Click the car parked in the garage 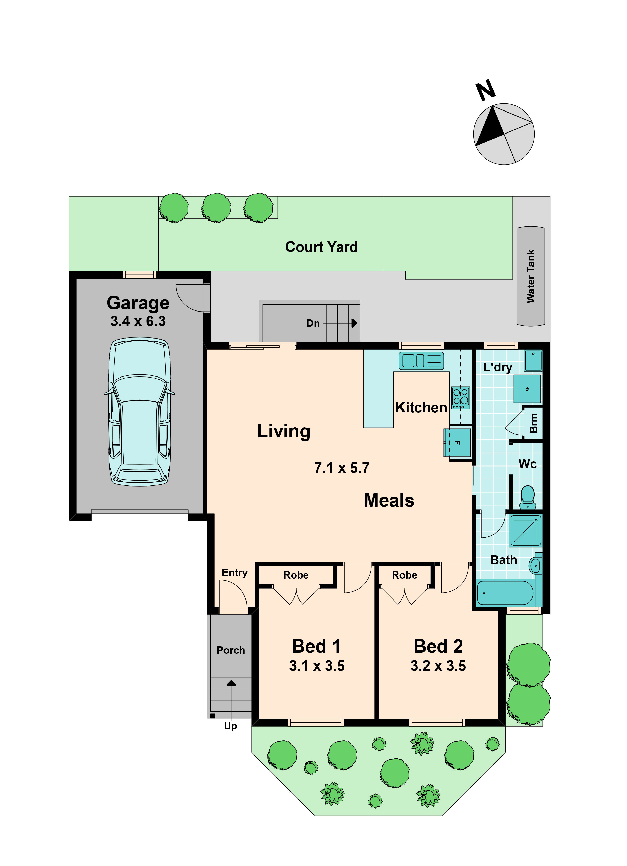tap(139, 411)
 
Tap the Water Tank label tap(531, 276)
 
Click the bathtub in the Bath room tap(505, 593)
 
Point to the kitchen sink tap(421, 361)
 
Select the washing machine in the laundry tap(527, 389)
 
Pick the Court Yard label tap(322, 247)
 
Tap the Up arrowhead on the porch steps tap(231, 683)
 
